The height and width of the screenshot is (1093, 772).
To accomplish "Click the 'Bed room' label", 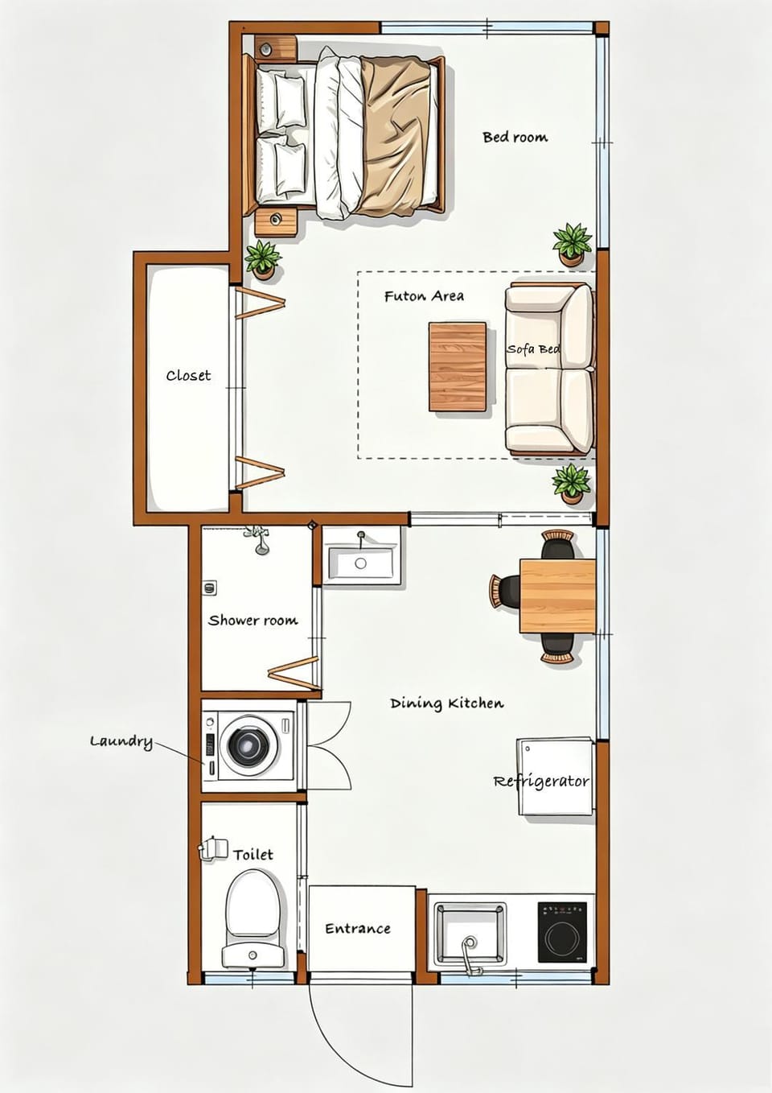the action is click(515, 137).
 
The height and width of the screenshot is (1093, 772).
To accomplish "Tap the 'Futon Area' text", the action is click(424, 296).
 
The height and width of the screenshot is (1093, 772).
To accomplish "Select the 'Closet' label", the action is click(189, 376).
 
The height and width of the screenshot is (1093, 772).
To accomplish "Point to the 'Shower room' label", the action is click(253, 621).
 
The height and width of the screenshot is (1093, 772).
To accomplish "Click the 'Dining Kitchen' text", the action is click(447, 703).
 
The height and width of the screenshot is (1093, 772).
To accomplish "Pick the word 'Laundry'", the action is click(121, 742).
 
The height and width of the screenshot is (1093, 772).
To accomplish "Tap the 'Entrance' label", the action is click(358, 928).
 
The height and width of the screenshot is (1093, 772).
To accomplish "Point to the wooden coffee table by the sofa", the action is click(458, 367).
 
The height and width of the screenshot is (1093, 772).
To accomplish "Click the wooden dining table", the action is click(557, 596).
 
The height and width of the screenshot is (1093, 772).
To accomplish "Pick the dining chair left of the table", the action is click(505, 592).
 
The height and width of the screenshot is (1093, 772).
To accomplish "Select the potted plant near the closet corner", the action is click(263, 261).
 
